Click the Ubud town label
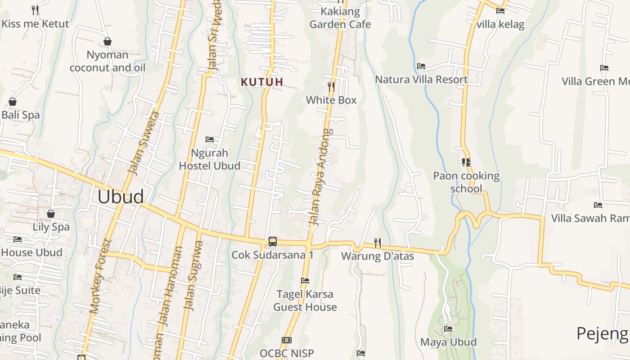click(x=121, y=197)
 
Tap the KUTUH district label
click(x=262, y=82)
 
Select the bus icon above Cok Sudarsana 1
click(x=273, y=241)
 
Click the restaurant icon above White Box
click(x=331, y=86)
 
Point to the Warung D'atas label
click(x=378, y=256)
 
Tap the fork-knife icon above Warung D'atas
click(x=378, y=243)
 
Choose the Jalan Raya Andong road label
click(x=319, y=177)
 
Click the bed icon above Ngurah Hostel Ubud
click(x=210, y=139)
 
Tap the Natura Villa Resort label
click(x=421, y=80)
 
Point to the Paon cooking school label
click(x=466, y=182)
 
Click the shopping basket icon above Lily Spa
click(x=51, y=213)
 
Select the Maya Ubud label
click(x=448, y=342)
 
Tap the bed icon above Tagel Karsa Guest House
click(x=305, y=281)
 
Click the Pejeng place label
click(x=602, y=334)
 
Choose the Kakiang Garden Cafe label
click(x=340, y=18)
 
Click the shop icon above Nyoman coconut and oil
click(x=108, y=41)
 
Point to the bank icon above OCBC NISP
click(x=287, y=340)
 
